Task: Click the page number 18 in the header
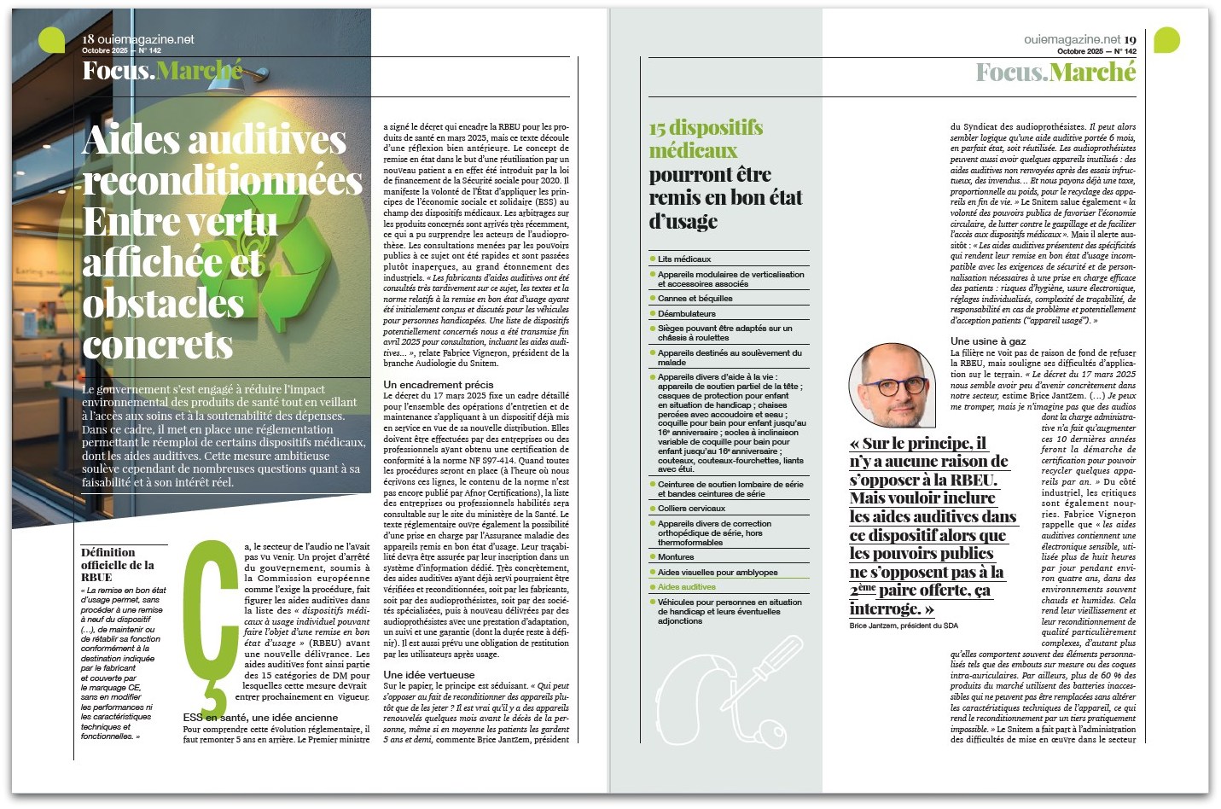[88, 39]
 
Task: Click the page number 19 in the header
[1130, 39]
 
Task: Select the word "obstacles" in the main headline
[163, 304]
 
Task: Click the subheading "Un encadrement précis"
[438, 385]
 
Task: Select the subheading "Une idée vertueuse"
[428, 674]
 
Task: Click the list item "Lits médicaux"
[684, 259]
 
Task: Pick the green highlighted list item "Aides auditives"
[686, 587]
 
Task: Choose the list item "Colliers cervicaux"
[691, 509]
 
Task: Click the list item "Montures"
[676, 556]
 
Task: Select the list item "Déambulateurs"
[686, 314]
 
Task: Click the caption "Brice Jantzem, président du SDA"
[904, 626]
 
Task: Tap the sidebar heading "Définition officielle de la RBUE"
[118, 565]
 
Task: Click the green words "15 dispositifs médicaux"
[706, 139]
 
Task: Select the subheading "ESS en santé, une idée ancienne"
[260, 718]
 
